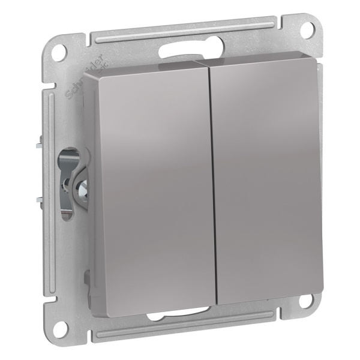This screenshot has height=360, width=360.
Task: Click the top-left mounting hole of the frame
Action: [x=58, y=52]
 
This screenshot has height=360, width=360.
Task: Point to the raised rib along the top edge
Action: [x=180, y=26]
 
